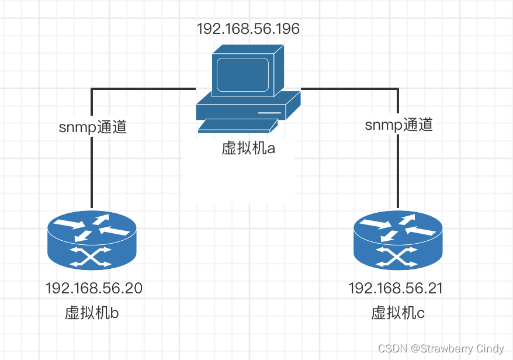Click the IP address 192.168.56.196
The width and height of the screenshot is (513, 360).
248,29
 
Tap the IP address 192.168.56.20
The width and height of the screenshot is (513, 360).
94,288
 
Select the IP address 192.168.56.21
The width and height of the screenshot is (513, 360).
396,288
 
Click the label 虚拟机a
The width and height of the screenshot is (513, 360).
248,148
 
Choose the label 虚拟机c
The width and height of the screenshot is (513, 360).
398,313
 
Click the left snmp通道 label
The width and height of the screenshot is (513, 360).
93,127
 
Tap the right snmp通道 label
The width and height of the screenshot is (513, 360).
399,124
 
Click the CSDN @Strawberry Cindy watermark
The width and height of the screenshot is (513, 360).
441,348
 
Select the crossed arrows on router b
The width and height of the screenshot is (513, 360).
92,257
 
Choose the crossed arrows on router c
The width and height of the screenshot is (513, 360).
398,257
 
